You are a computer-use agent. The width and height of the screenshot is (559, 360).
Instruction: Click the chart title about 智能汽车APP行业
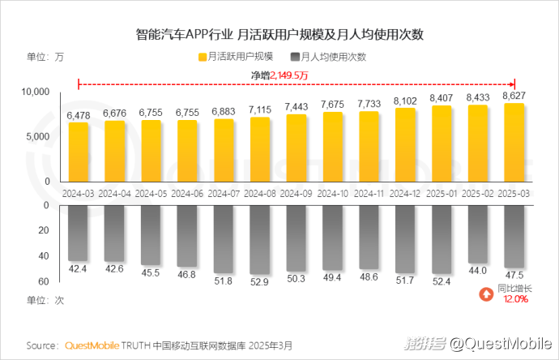coord(279,35)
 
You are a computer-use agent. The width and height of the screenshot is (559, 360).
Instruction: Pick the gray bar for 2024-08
coord(259,239)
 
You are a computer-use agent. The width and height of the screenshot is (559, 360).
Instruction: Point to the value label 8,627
coord(514,96)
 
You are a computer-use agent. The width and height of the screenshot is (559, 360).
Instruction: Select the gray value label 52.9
coord(259,281)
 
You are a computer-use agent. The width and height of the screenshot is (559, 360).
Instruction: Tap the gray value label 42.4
coord(78,268)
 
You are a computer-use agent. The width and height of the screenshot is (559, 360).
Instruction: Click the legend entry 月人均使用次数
coord(327,57)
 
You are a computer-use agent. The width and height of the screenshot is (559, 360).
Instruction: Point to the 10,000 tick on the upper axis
coord(36,92)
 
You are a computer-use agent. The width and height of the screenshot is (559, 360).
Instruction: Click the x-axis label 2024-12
coord(404,195)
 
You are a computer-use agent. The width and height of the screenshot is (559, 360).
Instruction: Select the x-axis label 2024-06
coord(187,195)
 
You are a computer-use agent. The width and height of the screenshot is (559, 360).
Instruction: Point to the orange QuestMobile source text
coord(92,345)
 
